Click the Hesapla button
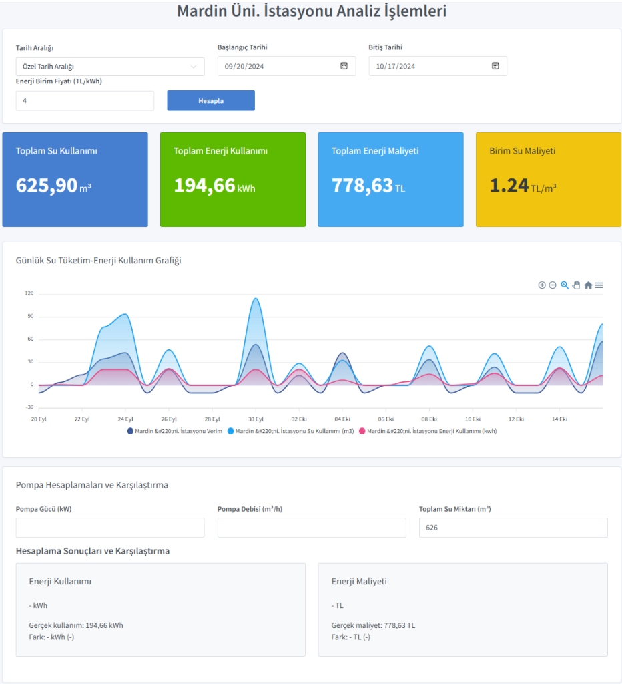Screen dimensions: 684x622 pyautogui.click(x=211, y=100)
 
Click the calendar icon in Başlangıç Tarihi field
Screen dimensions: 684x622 pyautogui.click(x=344, y=66)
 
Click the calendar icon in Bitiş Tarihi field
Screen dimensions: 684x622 pyautogui.click(x=495, y=66)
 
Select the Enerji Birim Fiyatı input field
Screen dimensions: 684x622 pyautogui.click(x=85, y=100)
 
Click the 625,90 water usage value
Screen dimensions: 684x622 pyautogui.click(x=47, y=186)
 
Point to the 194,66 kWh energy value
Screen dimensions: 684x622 pyautogui.click(x=205, y=186)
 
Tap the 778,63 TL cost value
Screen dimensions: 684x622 pyautogui.click(x=362, y=186)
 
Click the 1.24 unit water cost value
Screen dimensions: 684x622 pyautogui.click(x=509, y=186)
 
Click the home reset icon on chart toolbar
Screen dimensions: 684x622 pyautogui.click(x=588, y=285)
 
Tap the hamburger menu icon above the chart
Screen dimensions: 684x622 pyautogui.click(x=599, y=285)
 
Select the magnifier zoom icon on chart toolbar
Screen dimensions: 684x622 pyautogui.click(x=565, y=285)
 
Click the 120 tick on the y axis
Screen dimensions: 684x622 pyautogui.click(x=29, y=293)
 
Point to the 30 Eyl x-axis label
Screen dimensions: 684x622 pyautogui.click(x=256, y=419)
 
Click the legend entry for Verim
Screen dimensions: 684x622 pyautogui.click(x=175, y=432)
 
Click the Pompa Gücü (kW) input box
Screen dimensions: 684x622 pyautogui.click(x=110, y=528)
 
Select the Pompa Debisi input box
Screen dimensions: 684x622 pyautogui.click(x=312, y=528)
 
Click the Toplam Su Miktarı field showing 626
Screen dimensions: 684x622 pyautogui.click(x=513, y=528)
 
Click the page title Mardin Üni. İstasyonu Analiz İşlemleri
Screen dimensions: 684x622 pyautogui.click(x=312, y=11)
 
